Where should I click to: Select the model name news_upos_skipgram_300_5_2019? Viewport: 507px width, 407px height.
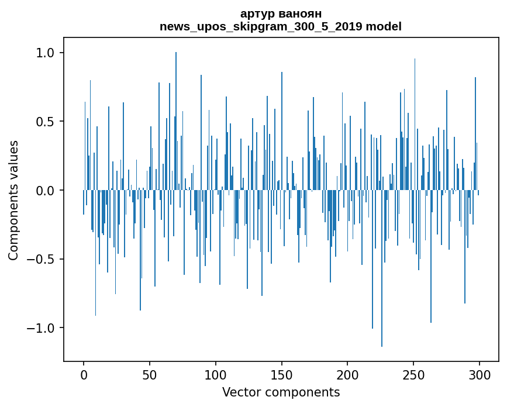pos(264,26)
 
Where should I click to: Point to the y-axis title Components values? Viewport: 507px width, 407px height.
pos(13,200)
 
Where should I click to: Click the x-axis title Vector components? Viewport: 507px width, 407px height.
pos(281,392)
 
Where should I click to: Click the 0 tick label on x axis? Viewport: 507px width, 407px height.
pos(84,374)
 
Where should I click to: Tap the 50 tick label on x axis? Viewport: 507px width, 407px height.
pos(150,374)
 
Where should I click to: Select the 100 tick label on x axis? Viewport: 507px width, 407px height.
pos(216,374)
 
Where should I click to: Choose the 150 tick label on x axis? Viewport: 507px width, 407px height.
pos(282,374)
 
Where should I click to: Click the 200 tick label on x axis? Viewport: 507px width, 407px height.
pos(348,374)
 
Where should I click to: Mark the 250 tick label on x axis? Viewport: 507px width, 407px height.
pos(414,374)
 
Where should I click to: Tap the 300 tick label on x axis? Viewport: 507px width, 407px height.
pos(480,374)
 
